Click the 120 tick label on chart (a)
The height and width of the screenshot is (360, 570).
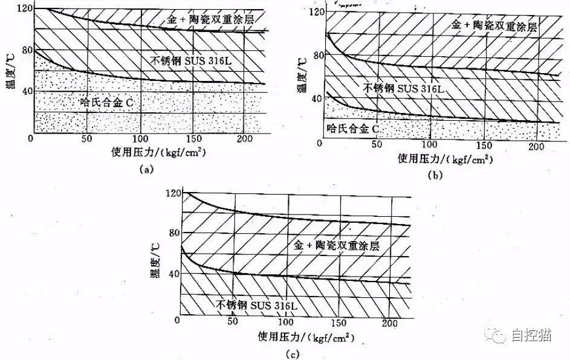click(x=25, y=8)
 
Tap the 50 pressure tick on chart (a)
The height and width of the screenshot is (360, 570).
click(x=86, y=139)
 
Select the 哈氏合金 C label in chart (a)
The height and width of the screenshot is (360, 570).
click(x=107, y=103)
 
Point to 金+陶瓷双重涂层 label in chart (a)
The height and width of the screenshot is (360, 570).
click(x=210, y=19)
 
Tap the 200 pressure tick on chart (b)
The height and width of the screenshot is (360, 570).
click(x=536, y=146)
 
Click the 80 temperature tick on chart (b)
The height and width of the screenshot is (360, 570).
click(x=319, y=55)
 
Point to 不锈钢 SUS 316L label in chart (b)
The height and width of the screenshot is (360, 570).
click(x=404, y=88)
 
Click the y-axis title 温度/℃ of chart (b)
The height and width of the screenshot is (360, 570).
click(x=302, y=75)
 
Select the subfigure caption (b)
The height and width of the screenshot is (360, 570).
click(x=435, y=175)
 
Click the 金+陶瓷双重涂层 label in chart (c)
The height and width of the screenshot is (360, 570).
click(x=336, y=245)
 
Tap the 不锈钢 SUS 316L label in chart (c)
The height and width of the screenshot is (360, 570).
click(x=256, y=305)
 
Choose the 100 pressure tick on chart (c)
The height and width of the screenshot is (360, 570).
click(x=285, y=322)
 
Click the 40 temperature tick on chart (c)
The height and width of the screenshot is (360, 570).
click(x=175, y=273)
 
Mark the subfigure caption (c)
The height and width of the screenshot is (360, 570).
click(x=293, y=354)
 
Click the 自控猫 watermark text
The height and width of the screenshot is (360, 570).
click(x=531, y=335)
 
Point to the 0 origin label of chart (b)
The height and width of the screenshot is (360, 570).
click(x=320, y=143)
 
